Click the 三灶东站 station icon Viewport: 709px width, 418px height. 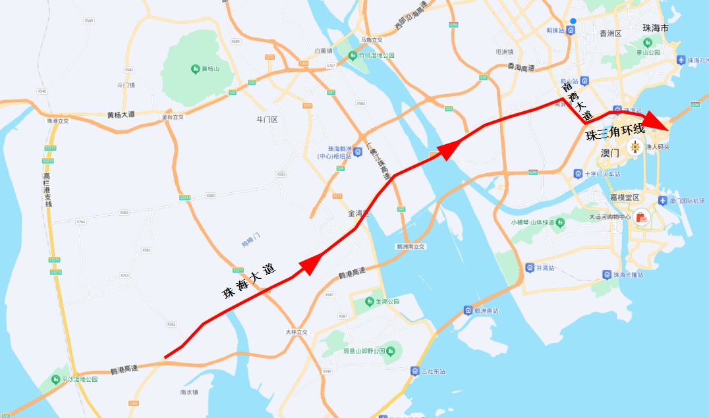[x=414, y=371]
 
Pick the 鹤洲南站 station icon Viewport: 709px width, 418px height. [x=468, y=310]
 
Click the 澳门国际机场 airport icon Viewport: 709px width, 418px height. [x=662, y=200]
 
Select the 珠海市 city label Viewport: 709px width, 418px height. [x=656, y=29]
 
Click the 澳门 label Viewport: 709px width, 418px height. [x=611, y=153]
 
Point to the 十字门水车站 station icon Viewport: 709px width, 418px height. [x=578, y=174]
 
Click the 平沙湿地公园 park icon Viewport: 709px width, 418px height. [x=55, y=379]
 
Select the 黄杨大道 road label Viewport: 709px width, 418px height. [x=121, y=115]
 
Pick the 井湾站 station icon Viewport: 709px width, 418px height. [x=530, y=268]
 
